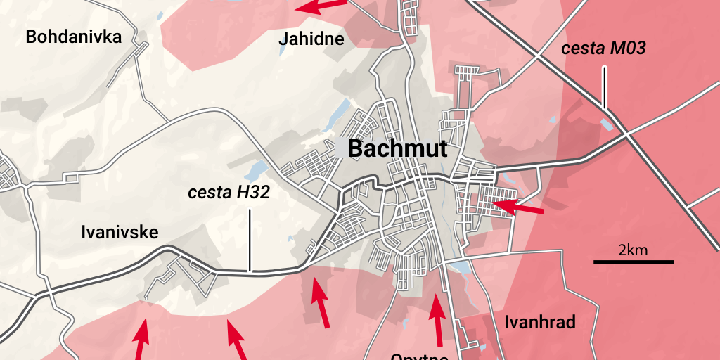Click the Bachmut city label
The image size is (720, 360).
tap(397, 148)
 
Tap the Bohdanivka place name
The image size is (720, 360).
tap(73, 37)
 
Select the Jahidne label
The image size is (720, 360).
tap(311, 39)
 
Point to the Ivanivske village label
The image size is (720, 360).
tap(120, 232)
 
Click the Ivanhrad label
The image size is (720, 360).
tap(540, 323)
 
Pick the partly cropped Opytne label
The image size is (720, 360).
tap(420, 356)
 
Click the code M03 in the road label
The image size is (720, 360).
tap(627, 49)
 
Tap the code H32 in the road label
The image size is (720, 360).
tap(250, 193)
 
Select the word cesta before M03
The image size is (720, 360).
tap(583, 49)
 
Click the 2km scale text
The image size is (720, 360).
tap(633, 250)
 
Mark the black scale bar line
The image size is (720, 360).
tap(634, 262)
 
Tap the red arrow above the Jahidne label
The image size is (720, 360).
tap(321, 6)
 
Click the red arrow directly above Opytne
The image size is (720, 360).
tap(437, 321)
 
